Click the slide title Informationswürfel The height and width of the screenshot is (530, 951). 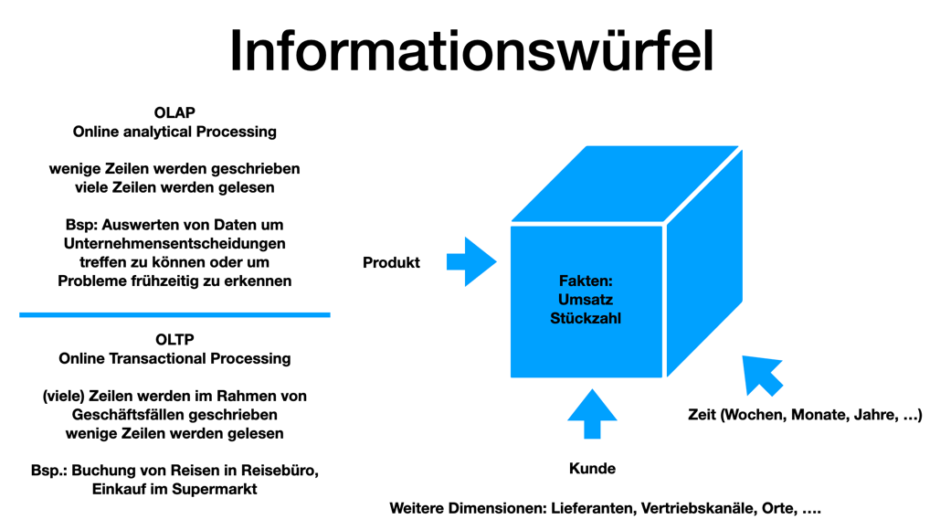tap(471, 50)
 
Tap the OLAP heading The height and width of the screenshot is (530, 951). tap(174, 112)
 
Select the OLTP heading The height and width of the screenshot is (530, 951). tap(174, 339)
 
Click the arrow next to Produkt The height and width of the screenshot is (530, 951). tap(471, 262)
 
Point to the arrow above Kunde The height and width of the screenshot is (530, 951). tap(592, 414)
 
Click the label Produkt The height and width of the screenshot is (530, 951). tap(391, 263)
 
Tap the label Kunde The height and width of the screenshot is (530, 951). tap(592, 469)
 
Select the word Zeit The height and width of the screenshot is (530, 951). tap(702, 415)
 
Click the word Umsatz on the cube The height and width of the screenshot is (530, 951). tap(586, 300)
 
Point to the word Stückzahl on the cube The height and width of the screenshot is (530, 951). tap(586, 318)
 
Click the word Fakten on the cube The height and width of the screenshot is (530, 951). tap(585, 281)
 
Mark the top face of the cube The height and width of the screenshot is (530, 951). tap(626, 183)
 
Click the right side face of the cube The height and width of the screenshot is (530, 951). tap(704, 265)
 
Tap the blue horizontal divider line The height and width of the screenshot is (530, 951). tap(174, 314)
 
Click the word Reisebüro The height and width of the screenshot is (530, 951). tap(280, 471)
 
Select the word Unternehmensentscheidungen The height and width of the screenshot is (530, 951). tap(174, 243)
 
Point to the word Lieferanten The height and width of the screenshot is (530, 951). tap(592, 508)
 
